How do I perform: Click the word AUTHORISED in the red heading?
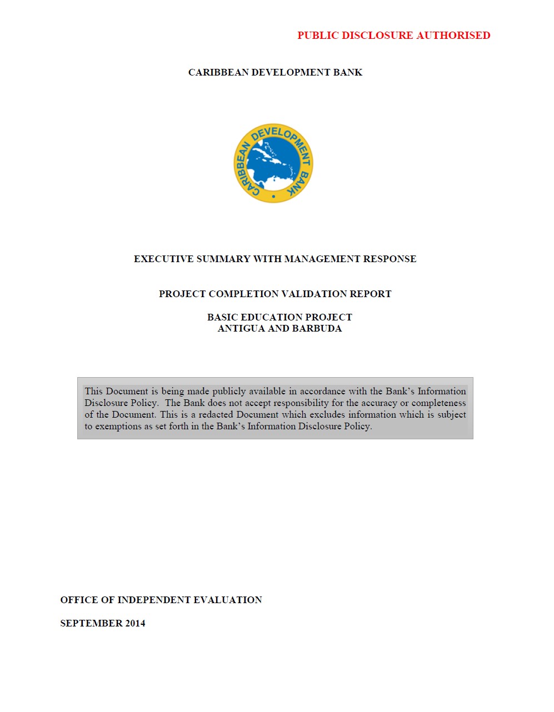click(x=453, y=36)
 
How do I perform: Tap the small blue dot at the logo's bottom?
click(x=273, y=196)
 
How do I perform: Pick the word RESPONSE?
click(x=390, y=259)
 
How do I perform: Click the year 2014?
click(x=135, y=623)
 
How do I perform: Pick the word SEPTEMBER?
click(x=91, y=623)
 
